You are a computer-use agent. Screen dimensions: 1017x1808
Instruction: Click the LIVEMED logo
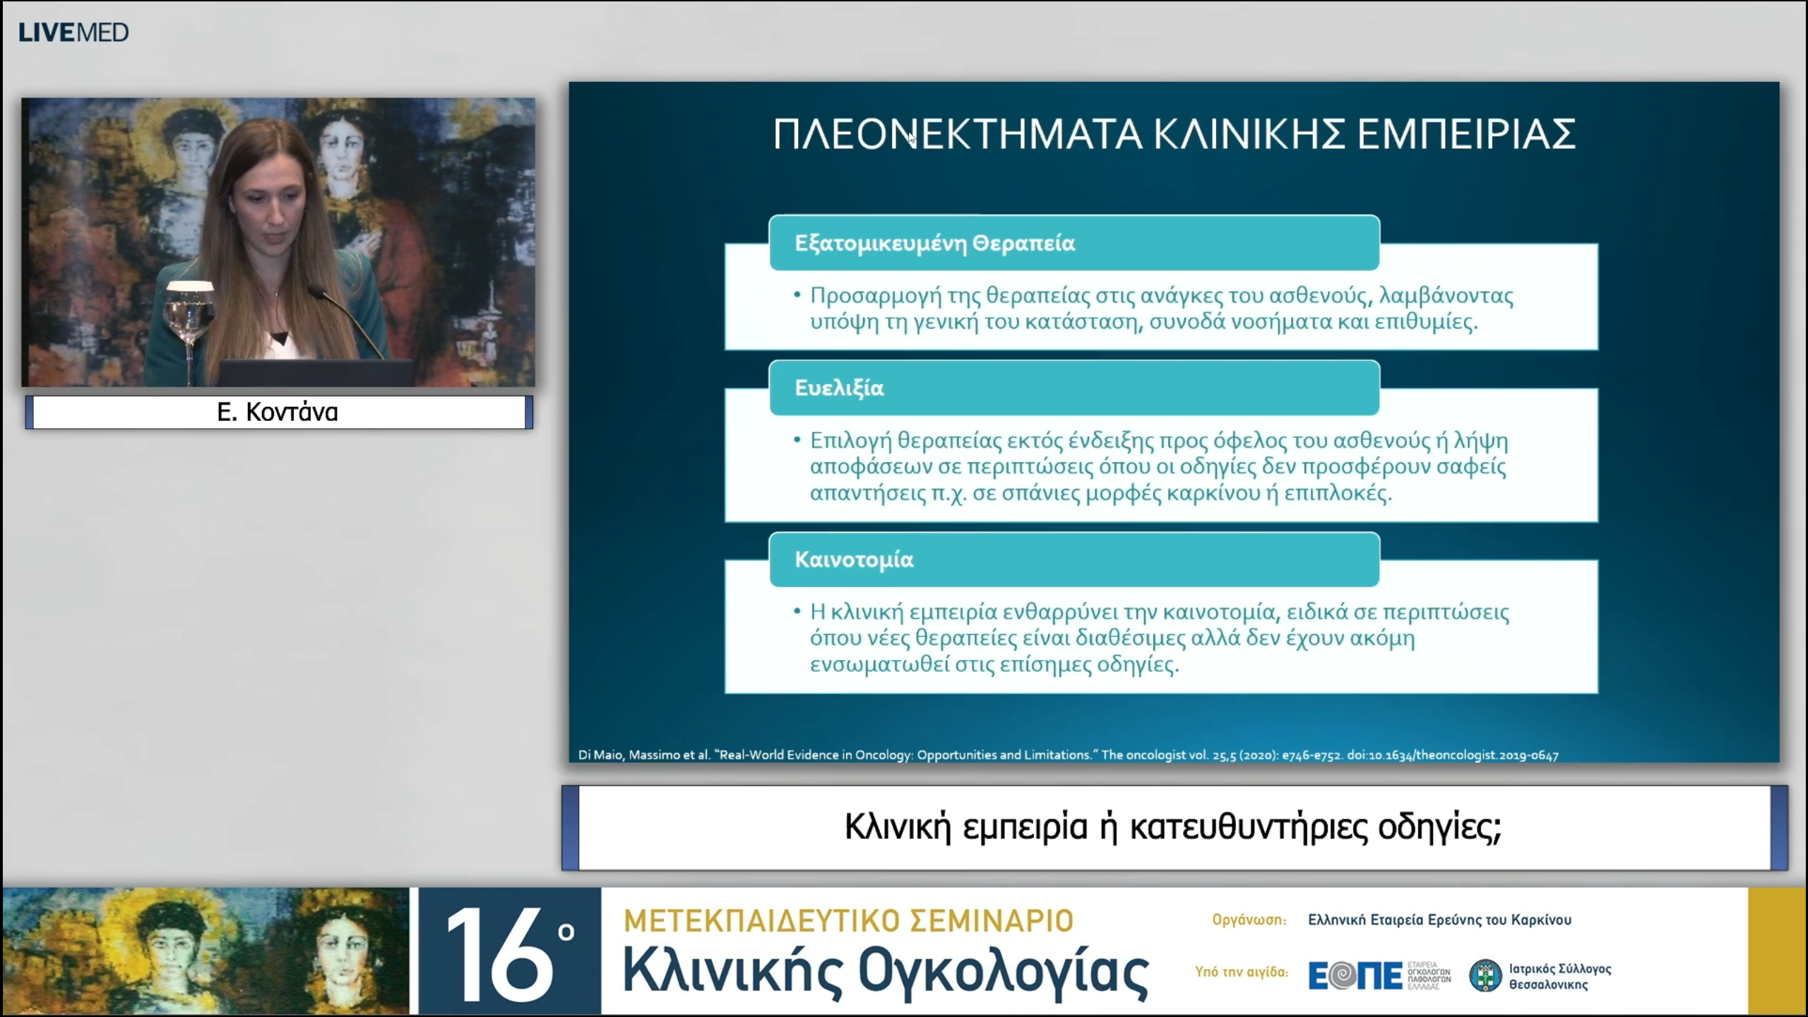pyautogui.click(x=73, y=32)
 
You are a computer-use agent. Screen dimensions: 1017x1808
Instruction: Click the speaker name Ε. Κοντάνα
pyautogui.click(x=278, y=412)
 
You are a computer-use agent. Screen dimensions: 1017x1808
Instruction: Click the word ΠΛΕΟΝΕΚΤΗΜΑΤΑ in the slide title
pyautogui.click(x=957, y=134)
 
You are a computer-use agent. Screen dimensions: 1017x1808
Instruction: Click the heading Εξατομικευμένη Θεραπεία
pyautogui.click(x=934, y=243)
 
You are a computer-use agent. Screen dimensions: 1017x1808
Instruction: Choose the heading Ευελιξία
pyautogui.click(x=839, y=388)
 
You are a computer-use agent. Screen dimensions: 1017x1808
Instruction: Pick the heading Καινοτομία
pyautogui.click(x=854, y=559)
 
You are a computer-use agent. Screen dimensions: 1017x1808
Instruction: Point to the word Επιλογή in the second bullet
pyautogui.click(x=850, y=441)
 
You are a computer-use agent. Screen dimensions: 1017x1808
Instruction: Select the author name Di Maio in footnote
pyautogui.click(x=600, y=755)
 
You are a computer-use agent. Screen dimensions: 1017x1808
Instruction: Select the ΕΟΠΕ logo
pyautogui.click(x=1355, y=975)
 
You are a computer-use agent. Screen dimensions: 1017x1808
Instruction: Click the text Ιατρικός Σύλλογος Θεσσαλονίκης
pyautogui.click(x=1559, y=976)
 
